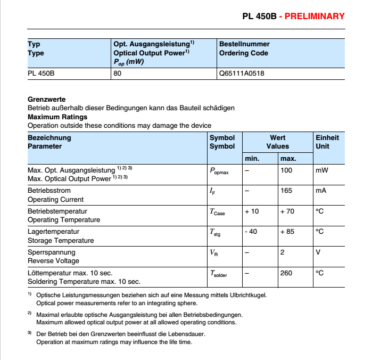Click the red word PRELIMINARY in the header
pyautogui.click(x=315, y=17)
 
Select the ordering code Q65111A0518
pyautogui.click(x=241, y=73)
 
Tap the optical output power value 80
pyautogui.click(x=118, y=73)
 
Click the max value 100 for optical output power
pyautogui.click(x=286, y=170)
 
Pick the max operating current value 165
pyautogui.click(x=286, y=191)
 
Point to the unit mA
pyautogui.click(x=321, y=191)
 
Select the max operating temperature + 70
pyautogui.click(x=287, y=211)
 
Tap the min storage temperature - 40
pyautogui.click(x=251, y=231)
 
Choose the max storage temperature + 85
pyautogui.click(x=287, y=231)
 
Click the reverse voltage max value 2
pyautogui.click(x=282, y=252)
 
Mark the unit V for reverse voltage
pyautogui.click(x=318, y=252)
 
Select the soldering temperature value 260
pyautogui.click(x=286, y=273)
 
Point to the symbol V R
pyautogui.click(x=214, y=253)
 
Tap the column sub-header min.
pyautogui.click(x=251, y=159)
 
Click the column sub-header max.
pyautogui.click(x=288, y=159)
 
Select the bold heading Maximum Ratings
pyautogui.click(x=57, y=117)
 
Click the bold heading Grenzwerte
pyautogui.click(x=47, y=99)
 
